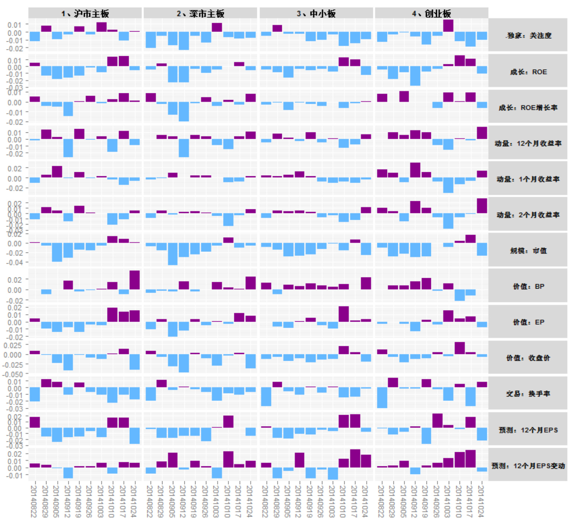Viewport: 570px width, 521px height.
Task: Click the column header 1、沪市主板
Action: click(x=85, y=13)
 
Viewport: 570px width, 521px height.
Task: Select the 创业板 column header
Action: click(x=431, y=13)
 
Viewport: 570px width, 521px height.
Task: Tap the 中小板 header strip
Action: click(x=316, y=13)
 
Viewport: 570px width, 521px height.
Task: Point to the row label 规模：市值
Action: click(x=528, y=251)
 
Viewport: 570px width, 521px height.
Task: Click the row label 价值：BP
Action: click(x=528, y=286)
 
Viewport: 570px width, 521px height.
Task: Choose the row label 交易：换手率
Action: click(x=528, y=393)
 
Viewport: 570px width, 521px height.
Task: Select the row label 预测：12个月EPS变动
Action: click(x=528, y=466)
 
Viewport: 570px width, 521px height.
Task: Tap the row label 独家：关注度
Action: click(x=528, y=36)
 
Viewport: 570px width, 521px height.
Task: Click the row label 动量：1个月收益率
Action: click(x=528, y=179)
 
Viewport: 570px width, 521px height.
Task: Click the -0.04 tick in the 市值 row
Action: click(x=14, y=263)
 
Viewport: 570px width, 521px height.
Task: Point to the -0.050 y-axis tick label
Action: click(x=13, y=374)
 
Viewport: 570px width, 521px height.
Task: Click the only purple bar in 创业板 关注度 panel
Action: click(x=448, y=26)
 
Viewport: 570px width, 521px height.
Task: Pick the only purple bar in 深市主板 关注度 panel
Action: click(x=217, y=28)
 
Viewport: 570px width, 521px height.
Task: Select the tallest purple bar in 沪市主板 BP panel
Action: click(x=135, y=280)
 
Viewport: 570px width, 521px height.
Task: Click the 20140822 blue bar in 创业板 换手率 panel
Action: click(x=382, y=398)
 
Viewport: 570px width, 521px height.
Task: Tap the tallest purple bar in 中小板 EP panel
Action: click(x=344, y=314)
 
